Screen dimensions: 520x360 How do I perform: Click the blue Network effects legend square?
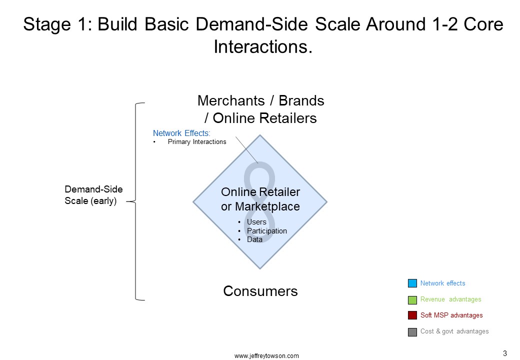pos(412,283)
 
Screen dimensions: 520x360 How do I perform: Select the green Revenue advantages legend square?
pos(412,300)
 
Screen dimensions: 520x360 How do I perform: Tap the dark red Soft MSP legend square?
pos(412,315)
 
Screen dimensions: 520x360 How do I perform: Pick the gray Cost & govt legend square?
pos(412,332)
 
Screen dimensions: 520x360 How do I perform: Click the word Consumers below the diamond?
pos(260,291)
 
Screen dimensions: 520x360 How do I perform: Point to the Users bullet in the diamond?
pos(256,222)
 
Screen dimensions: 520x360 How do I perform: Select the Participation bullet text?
pos(267,230)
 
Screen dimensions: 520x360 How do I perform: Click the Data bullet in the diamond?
pos(254,239)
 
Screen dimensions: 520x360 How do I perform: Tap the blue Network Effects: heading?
pos(181,133)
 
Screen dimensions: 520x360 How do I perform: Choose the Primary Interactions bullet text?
pos(197,142)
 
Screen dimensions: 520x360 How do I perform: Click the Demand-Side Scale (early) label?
pos(93,195)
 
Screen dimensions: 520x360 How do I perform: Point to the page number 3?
pos(505,353)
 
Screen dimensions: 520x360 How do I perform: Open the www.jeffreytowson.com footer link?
pos(266,356)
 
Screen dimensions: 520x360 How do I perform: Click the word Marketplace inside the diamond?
pos(267,206)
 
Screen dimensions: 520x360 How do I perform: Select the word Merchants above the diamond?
pos(231,100)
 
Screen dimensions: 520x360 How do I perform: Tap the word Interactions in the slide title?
pos(263,46)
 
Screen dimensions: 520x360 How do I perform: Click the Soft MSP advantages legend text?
pos(451,315)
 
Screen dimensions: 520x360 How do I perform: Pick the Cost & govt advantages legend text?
pos(454,331)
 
